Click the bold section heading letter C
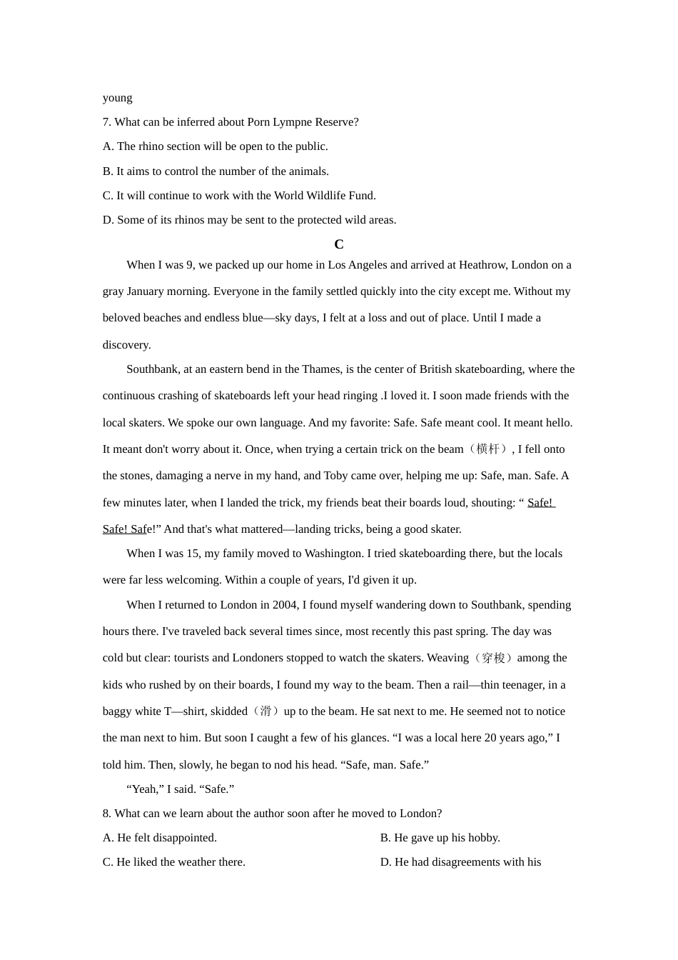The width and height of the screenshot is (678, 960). tap(339, 244)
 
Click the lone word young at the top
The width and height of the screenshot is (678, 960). tap(118, 98)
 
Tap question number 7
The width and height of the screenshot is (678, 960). tap(107, 122)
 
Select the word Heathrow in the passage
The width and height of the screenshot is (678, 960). tap(483, 265)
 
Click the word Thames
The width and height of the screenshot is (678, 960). tap(321, 369)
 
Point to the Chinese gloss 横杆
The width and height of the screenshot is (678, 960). tap(488, 449)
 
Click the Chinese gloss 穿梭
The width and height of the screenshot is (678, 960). tap(493, 658)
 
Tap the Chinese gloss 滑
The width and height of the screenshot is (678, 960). tap(265, 711)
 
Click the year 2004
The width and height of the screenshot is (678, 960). tap(285, 605)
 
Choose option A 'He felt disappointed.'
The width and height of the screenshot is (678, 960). tap(160, 838)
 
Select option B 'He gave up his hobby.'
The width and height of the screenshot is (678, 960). tap(440, 838)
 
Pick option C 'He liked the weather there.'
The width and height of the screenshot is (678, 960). tap(174, 862)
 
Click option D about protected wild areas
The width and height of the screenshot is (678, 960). tap(250, 220)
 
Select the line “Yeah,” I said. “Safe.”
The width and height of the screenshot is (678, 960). tap(181, 789)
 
